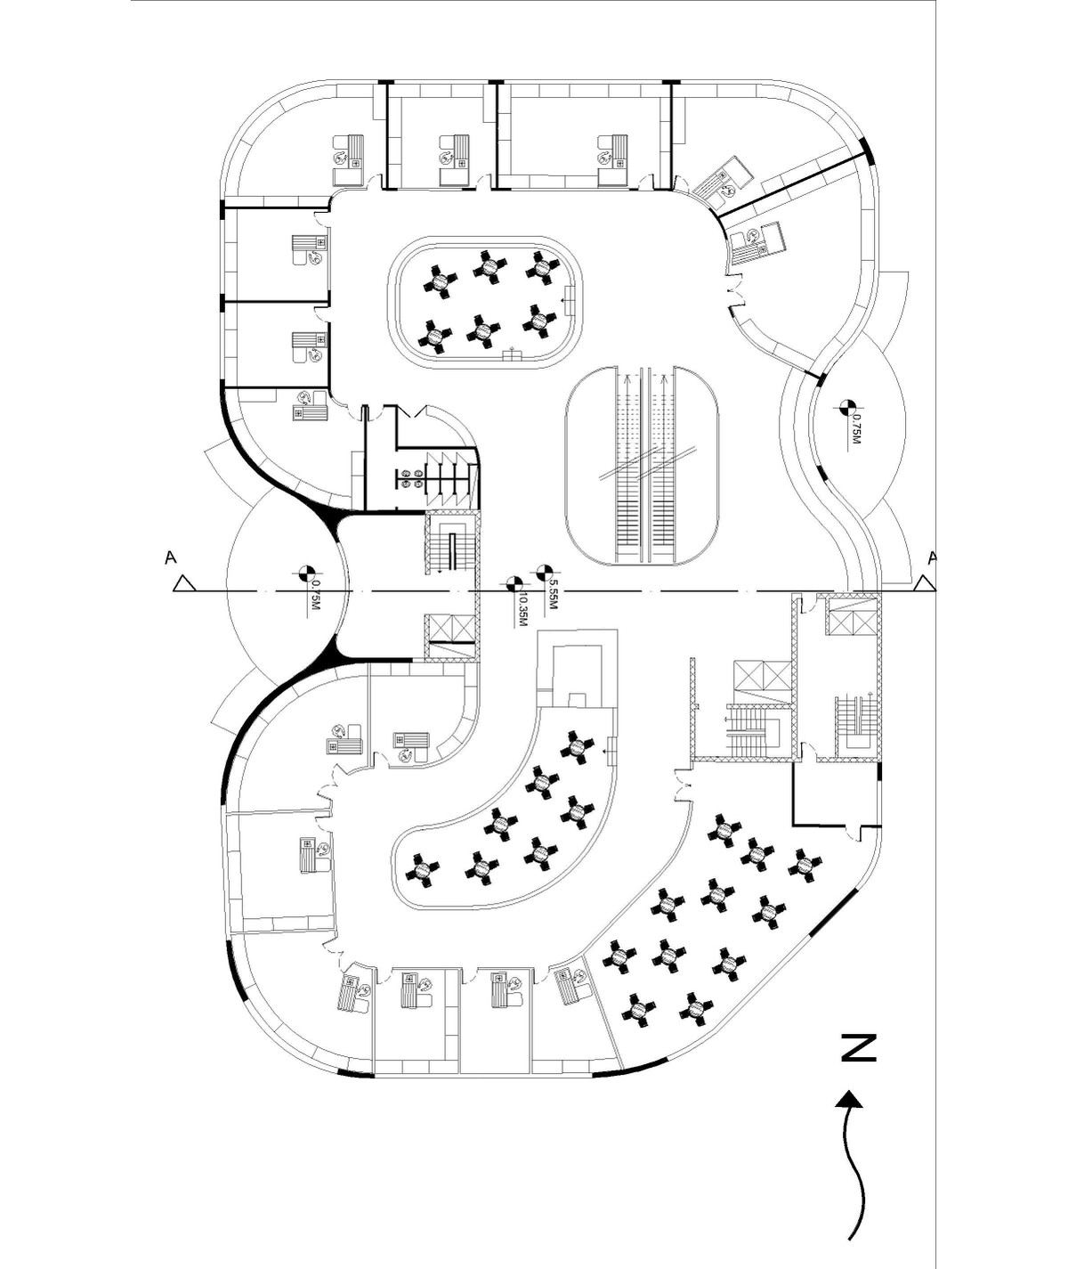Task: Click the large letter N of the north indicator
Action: [x=859, y=1048]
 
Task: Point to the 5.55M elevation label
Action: [x=552, y=596]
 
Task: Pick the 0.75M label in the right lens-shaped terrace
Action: [x=857, y=430]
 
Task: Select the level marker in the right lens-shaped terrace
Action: [x=849, y=404]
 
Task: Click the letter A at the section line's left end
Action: [x=171, y=558]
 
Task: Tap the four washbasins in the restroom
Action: [x=411, y=478]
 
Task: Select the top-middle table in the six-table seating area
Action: [x=491, y=266]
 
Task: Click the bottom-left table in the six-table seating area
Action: [x=436, y=335]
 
